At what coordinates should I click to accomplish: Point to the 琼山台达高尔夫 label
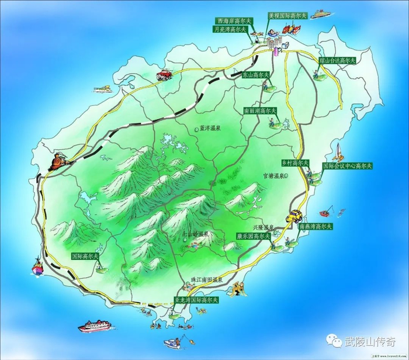pyautogui.click(x=337, y=60)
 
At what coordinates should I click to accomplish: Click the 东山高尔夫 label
pyautogui.click(x=257, y=75)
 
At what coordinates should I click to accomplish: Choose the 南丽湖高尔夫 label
pyautogui.click(x=260, y=110)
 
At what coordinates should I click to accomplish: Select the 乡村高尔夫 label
pyautogui.click(x=295, y=162)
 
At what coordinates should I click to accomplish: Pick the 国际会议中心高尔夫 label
pyautogui.click(x=348, y=166)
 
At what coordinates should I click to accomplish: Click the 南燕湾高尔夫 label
pyautogui.click(x=316, y=226)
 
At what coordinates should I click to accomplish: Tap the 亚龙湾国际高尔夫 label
pyautogui.click(x=196, y=300)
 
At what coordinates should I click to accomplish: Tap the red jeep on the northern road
pyautogui.click(x=164, y=75)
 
